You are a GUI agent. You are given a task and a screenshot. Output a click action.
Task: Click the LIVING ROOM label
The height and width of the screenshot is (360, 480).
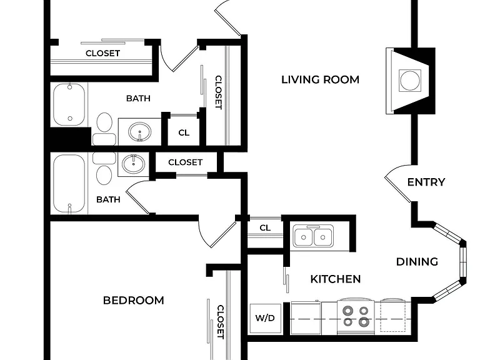tap(320, 79)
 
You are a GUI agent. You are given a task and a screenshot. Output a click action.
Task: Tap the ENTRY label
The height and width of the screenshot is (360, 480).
tap(426, 182)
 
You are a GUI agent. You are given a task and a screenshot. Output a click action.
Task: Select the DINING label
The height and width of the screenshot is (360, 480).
tap(417, 262)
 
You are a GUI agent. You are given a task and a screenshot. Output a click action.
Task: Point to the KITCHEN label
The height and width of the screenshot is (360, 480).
tap(336, 279)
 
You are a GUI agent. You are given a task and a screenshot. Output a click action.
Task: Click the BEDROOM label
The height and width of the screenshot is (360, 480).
tap(134, 300)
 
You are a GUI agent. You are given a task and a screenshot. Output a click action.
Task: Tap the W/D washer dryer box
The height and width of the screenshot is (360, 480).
tap(266, 318)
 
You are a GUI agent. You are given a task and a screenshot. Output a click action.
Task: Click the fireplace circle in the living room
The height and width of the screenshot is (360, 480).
tap(409, 80)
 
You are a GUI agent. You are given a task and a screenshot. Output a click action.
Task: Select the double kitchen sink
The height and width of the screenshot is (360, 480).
tap(313, 236)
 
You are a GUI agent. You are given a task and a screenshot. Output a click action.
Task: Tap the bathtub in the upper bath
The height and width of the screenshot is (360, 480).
tap(69, 104)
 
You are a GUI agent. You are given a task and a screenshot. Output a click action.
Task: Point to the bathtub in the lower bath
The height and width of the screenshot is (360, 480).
tap(69, 183)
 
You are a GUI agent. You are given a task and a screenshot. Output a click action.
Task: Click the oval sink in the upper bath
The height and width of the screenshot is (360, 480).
tap(139, 132)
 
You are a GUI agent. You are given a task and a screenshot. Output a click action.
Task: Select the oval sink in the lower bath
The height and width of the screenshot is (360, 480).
tap(134, 164)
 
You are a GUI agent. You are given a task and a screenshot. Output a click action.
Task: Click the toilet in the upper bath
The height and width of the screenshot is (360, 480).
tap(104, 129)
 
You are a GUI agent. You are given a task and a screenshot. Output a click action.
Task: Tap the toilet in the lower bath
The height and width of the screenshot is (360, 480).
tap(104, 168)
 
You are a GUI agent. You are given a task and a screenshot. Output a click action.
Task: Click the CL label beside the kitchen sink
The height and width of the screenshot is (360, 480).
tap(265, 227)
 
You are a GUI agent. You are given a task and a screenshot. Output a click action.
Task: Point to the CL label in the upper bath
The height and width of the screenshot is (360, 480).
tap(184, 132)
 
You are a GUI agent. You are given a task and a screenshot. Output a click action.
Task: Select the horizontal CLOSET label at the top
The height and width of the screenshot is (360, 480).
tap(102, 53)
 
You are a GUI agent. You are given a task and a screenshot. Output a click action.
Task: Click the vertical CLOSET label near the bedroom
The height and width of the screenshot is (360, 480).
tap(221, 322)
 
